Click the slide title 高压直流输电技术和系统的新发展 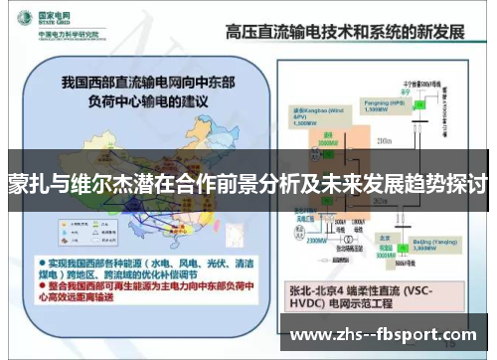pyautogui.click(x=348, y=29)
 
